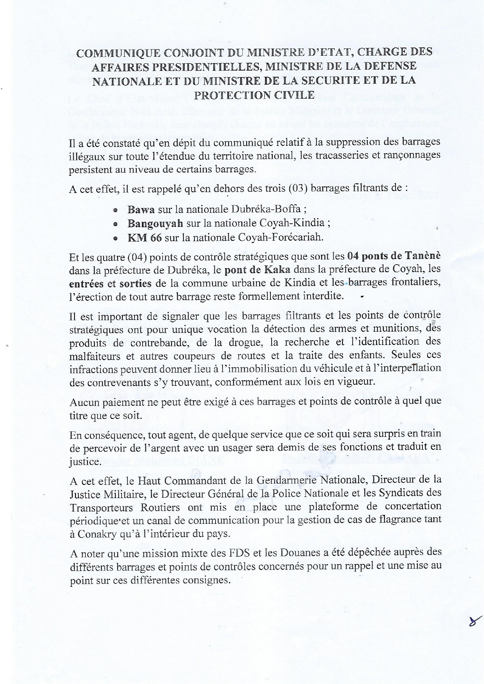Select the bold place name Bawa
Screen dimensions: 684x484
(x=141, y=209)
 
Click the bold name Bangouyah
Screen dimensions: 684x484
(x=155, y=223)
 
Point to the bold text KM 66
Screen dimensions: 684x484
(x=144, y=237)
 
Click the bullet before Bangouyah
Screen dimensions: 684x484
(x=115, y=224)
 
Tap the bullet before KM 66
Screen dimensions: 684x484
(x=115, y=239)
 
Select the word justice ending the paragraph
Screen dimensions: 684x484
(x=85, y=462)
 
